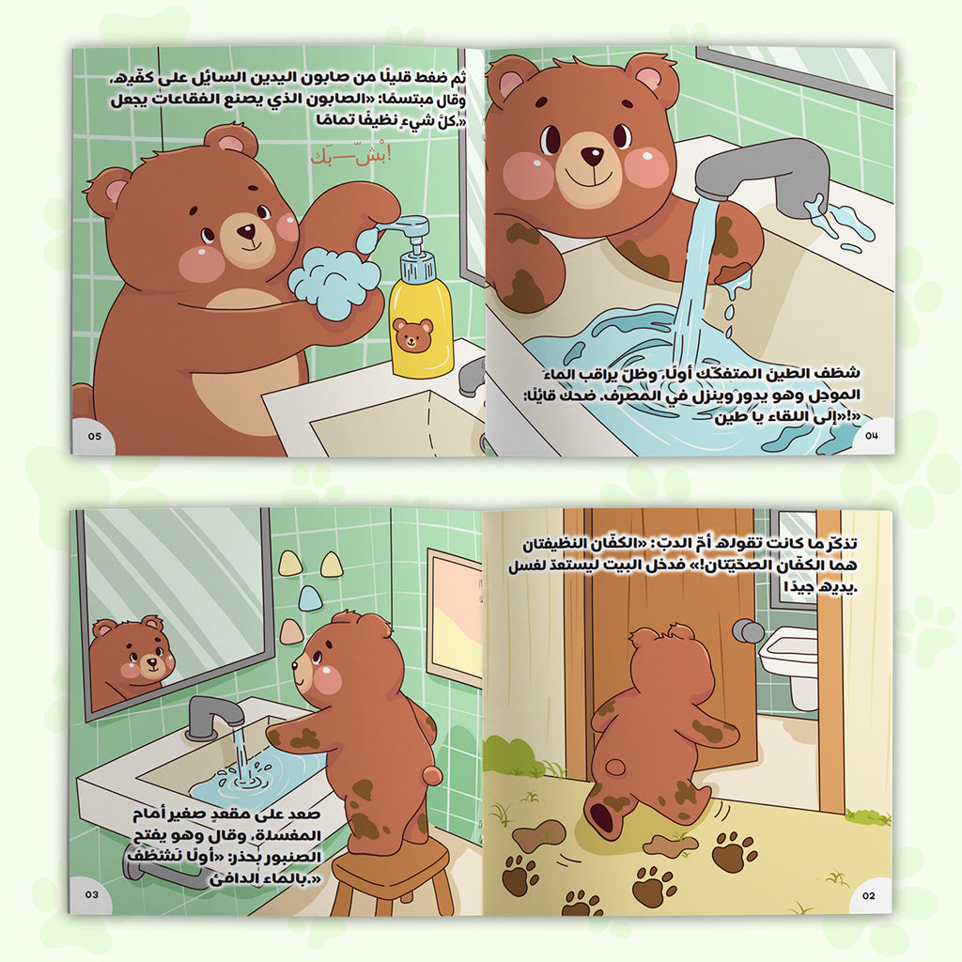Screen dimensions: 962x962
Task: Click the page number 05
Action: [x=95, y=436]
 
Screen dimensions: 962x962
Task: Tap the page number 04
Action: [x=872, y=435]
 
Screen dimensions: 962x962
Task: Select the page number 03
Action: [x=91, y=894]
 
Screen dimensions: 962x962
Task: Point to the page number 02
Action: [x=869, y=895]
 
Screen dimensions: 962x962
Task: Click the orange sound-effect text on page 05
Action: [x=351, y=157]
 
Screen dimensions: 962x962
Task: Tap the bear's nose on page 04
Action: [x=592, y=156]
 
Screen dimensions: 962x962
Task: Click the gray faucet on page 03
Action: [x=215, y=715]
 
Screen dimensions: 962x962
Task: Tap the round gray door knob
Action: [x=747, y=629]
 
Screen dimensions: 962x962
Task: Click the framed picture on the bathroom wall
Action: [x=454, y=616]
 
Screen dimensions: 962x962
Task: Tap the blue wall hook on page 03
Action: [x=310, y=597]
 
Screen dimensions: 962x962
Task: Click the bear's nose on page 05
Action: [x=247, y=232]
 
